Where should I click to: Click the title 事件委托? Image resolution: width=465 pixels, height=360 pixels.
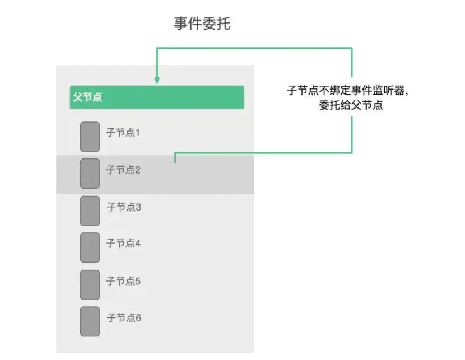tap(202, 25)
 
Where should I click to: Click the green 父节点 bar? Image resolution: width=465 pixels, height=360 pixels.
tap(156, 97)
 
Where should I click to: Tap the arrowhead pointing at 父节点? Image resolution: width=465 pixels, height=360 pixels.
tap(157, 80)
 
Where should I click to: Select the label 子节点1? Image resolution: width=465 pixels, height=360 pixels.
tap(123, 133)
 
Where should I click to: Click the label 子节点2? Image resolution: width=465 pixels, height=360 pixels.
tap(123, 170)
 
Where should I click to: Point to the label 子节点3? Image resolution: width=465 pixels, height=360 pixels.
tap(124, 207)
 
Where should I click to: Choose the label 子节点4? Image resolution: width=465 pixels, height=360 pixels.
tap(124, 244)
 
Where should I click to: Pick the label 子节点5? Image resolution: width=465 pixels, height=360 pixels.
tap(124, 280)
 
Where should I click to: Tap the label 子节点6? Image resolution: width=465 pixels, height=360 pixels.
tap(124, 317)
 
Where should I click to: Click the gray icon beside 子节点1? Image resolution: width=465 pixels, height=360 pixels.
tap(90, 137)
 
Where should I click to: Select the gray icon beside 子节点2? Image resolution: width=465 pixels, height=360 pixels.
tap(90, 174)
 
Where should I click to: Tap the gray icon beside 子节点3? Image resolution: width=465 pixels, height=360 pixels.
tap(90, 211)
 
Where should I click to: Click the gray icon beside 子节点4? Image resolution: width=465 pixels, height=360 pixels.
tap(90, 247)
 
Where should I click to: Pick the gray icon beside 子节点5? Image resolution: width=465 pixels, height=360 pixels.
tap(90, 284)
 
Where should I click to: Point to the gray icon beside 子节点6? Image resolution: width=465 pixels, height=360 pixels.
tap(90, 321)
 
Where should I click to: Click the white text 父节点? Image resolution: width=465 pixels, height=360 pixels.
tap(87, 97)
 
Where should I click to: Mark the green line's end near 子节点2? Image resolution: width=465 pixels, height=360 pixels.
tap(175, 162)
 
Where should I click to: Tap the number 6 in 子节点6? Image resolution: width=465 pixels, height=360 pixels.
tap(138, 318)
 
